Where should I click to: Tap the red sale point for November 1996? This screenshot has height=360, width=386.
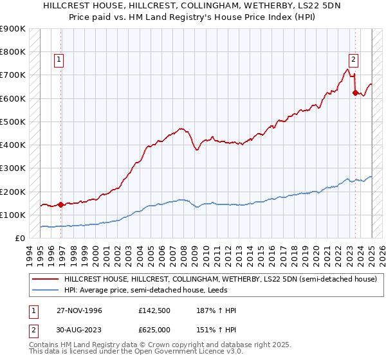(61, 205)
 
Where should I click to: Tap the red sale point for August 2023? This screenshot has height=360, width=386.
(354, 93)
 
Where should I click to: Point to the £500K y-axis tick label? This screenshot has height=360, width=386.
(14, 122)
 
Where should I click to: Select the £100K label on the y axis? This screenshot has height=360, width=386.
(14, 215)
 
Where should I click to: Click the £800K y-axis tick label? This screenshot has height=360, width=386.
(14, 51)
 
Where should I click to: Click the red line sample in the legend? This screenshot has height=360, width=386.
(45, 280)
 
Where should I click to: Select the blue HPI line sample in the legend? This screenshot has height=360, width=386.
(45, 290)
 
